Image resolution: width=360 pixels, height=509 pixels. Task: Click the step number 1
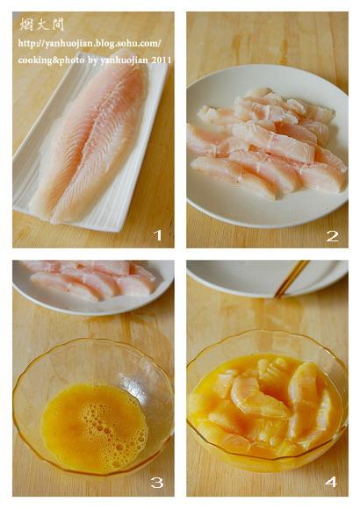pyautogui.click(x=157, y=235)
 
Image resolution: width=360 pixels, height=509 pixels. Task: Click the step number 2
pyautogui.click(x=333, y=236)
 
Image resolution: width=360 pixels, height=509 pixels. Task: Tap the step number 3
pyautogui.click(x=157, y=484)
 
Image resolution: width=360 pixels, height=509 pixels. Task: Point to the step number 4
pyautogui.click(x=330, y=483)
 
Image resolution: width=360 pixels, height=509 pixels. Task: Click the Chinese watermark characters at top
pyautogui.click(x=41, y=25)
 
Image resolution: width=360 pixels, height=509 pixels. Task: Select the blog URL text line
pyautogui.click(x=90, y=44)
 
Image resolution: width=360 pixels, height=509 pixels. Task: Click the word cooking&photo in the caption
pyautogui.click(x=51, y=61)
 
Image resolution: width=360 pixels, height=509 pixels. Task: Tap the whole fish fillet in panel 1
pyautogui.click(x=90, y=136)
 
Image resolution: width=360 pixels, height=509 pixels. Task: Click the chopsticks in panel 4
pyautogui.click(x=292, y=279)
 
